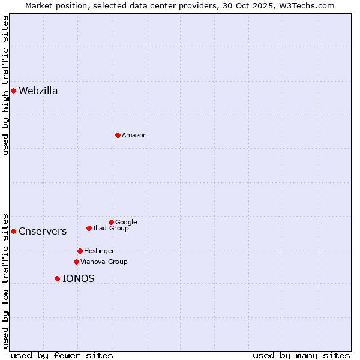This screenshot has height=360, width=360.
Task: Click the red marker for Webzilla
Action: coord(13,91)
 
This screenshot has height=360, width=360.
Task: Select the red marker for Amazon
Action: coord(118,135)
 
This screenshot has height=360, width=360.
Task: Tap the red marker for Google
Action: coord(111,222)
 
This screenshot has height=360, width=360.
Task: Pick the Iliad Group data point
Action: coord(89,228)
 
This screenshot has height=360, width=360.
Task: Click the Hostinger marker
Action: coord(80,251)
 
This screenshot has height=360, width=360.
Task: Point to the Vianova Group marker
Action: coord(76,262)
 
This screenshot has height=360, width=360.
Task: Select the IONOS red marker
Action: coord(57,278)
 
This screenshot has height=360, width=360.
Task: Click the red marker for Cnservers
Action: coord(13,231)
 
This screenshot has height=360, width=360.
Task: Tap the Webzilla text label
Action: coord(38,91)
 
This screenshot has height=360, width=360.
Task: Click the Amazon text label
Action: coord(134,136)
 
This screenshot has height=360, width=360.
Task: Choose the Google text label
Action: coord(126,223)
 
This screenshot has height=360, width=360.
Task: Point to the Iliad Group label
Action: coord(111,229)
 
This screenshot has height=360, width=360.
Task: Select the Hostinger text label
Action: coord(99,251)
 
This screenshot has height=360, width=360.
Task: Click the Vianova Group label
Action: coord(104,262)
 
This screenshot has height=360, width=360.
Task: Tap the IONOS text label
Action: coord(79,279)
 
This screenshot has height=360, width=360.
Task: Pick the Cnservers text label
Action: coord(43,232)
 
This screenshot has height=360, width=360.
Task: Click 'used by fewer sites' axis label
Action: coord(62,355)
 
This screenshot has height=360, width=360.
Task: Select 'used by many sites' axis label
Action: coord(301,355)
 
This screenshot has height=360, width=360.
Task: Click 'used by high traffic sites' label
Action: coord(5,85)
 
